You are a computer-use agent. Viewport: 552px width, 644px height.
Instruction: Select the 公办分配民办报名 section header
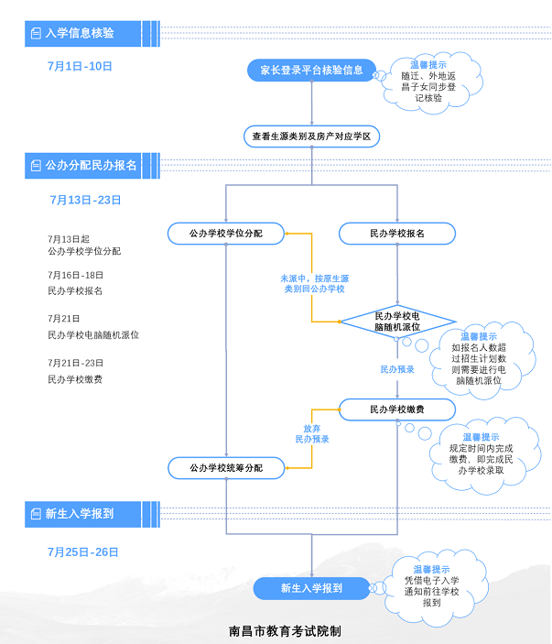pos(88,166)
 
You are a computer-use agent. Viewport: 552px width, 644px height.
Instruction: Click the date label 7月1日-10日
pos(80,66)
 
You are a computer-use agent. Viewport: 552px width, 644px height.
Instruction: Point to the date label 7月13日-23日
pos(85,200)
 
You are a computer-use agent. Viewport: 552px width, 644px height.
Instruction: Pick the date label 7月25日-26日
pos(83,551)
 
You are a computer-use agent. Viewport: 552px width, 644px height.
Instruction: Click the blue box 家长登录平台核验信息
pos(311,70)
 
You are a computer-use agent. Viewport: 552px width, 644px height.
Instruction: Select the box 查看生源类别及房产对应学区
pos(311,136)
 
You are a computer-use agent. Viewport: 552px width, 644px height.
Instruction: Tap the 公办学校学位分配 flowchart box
pos(226,234)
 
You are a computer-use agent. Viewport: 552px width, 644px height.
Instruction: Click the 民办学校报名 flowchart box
pos(397,234)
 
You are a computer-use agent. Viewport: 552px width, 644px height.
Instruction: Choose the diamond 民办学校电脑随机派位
pos(397,321)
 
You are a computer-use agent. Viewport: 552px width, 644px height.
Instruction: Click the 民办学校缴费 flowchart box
pos(397,409)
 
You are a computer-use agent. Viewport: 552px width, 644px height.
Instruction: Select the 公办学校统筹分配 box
pos(226,468)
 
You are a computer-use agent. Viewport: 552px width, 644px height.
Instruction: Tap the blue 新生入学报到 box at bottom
pos(311,588)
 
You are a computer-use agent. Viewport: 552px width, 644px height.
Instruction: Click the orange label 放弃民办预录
pos(312,433)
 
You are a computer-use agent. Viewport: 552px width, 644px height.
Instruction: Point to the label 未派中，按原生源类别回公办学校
pos(314,282)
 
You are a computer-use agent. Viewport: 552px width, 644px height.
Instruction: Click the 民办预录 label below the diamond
pos(397,369)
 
